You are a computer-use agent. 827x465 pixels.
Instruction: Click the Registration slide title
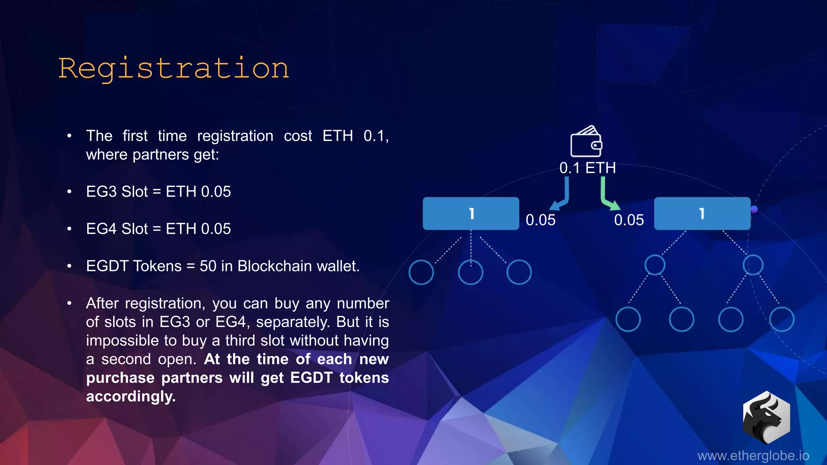pyautogui.click(x=174, y=69)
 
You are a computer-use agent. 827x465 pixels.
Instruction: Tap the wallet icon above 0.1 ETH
pyautogui.click(x=586, y=142)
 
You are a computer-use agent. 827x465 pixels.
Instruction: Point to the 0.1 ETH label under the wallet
pyautogui.click(x=588, y=168)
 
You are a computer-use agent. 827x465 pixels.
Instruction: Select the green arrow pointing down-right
pyautogui.click(x=609, y=196)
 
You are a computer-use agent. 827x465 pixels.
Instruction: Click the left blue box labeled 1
pyautogui.click(x=471, y=214)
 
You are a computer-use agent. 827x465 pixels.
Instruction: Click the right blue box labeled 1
pyautogui.click(x=702, y=214)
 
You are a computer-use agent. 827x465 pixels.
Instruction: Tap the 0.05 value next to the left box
pyautogui.click(x=540, y=220)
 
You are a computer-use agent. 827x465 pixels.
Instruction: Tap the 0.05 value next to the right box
pyautogui.click(x=629, y=220)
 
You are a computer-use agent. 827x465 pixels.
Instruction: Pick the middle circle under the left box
pyautogui.click(x=470, y=272)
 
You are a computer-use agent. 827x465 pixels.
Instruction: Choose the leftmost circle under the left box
pyautogui.click(x=421, y=272)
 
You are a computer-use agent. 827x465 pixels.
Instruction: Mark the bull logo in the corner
pyautogui.click(x=766, y=417)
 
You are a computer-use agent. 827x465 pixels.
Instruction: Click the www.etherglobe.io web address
pyautogui.click(x=753, y=456)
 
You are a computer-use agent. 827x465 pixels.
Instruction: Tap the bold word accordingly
pyautogui.click(x=131, y=396)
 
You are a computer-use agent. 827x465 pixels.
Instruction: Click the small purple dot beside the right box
pyautogui.click(x=754, y=209)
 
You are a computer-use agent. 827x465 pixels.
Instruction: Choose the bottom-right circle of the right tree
pyautogui.click(x=782, y=319)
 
